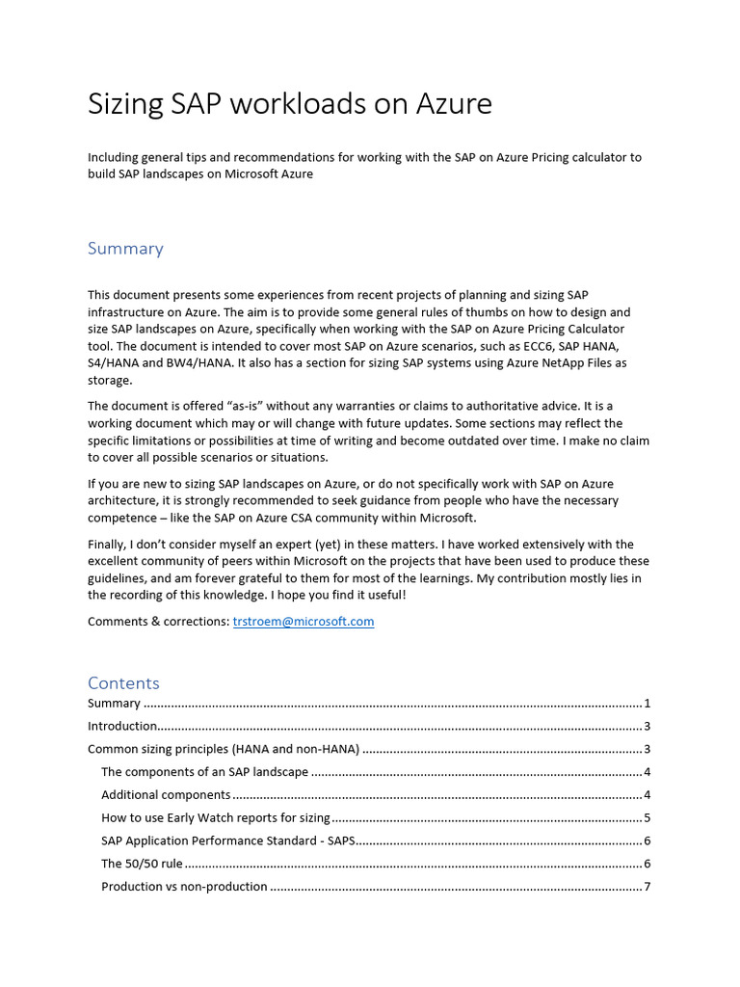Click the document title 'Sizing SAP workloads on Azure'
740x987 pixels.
pyautogui.click(x=289, y=104)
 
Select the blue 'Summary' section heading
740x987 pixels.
pyautogui.click(x=125, y=249)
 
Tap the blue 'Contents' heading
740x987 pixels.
pyautogui.click(x=123, y=683)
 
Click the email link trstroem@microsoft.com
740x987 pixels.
pyautogui.click(x=304, y=622)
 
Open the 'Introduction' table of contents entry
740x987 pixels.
pyautogui.click(x=122, y=726)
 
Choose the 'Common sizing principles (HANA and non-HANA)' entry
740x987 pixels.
pyautogui.click(x=224, y=749)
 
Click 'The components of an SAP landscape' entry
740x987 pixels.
pyautogui.click(x=204, y=772)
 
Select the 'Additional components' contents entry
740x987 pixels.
pyautogui.click(x=166, y=795)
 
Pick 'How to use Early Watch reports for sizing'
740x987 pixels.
pyautogui.click(x=216, y=818)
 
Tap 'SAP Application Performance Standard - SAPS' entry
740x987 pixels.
pyautogui.click(x=228, y=840)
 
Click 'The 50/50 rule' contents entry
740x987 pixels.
pyautogui.click(x=142, y=864)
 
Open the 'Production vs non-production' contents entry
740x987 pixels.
pyautogui.click(x=184, y=887)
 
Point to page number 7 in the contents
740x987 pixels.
pyautogui.click(x=647, y=887)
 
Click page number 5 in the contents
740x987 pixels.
pyautogui.click(x=647, y=818)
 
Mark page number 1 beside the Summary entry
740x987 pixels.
pyautogui.click(x=647, y=704)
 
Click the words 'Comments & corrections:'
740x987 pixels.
pyautogui.click(x=158, y=622)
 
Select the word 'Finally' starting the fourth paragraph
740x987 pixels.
pyautogui.click(x=106, y=545)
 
